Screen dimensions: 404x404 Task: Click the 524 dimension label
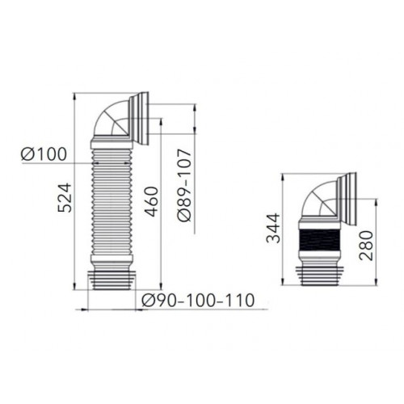[x=65, y=198]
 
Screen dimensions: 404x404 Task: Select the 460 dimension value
[x=151, y=202]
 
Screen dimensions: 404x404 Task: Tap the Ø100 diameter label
[x=44, y=154]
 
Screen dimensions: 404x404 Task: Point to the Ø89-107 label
[x=184, y=186]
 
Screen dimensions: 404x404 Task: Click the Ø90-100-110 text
[x=198, y=300]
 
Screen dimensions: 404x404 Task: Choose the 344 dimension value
[x=273, y=228]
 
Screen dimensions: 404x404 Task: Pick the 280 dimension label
[x=366, y=246]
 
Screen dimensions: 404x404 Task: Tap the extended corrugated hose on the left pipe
[x=112, y=202]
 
